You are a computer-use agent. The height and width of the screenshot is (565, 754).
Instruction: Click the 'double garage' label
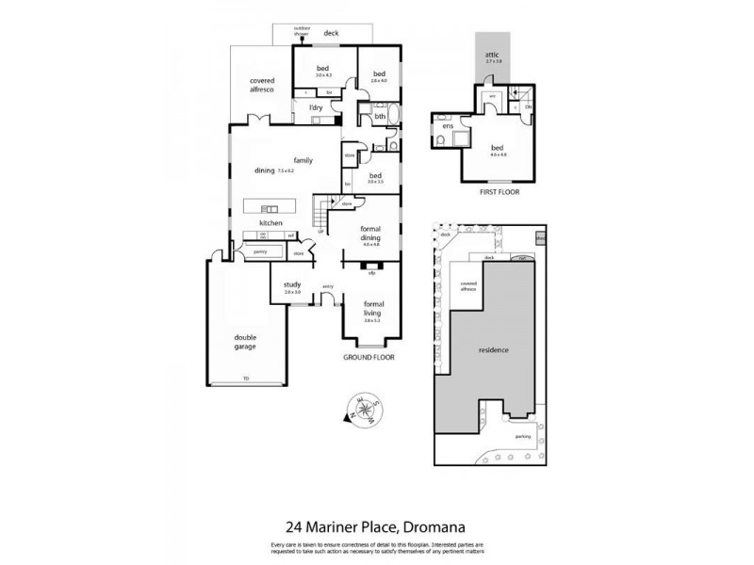pos(246,342)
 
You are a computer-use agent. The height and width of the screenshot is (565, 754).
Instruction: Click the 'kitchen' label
pos(271,222)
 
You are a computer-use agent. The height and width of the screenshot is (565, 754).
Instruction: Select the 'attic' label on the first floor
pos(491,55)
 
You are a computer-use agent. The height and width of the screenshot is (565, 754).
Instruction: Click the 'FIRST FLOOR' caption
pos(500,191)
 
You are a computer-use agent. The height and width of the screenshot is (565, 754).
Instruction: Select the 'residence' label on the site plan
pos(493,350)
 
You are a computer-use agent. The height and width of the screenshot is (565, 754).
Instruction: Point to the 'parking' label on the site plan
pos(523,436)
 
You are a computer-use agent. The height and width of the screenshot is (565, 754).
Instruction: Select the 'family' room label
pos(303,160)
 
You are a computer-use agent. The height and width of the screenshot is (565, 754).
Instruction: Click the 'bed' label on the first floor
pos(497,147)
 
